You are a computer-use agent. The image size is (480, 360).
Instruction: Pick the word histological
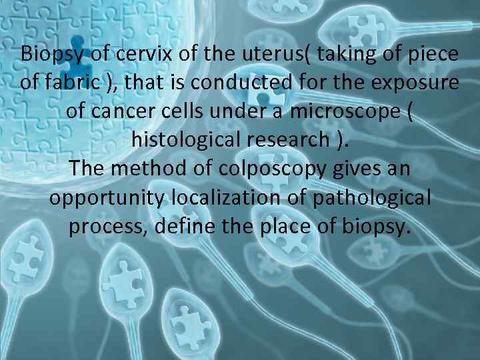click(x=191, y=141)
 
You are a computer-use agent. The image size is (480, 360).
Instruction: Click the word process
click(x=108, y=227)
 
